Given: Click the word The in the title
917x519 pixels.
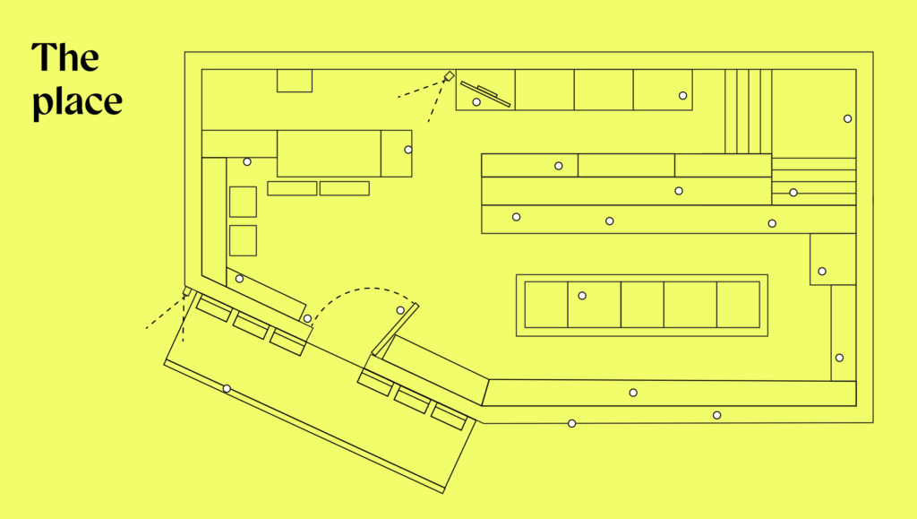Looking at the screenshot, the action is [x=64, y=57].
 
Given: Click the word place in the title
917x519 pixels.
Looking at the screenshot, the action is [x=77, y=102].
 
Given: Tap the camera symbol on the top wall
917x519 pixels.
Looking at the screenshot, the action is [x=450, y=76].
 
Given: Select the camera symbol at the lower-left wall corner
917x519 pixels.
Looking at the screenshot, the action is [x=187, y=290].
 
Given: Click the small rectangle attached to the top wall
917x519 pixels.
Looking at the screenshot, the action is [x=294, y=81].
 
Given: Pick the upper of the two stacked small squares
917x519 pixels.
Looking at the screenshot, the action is [x=243, y=202].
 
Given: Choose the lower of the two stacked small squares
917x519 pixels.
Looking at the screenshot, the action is [x=243, y=240].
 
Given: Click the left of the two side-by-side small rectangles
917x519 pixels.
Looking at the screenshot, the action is [x=292, y=188].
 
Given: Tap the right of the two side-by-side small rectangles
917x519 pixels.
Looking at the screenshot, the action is [x=345, y=188].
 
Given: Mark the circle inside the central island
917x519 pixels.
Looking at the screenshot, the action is [x=582, y=296].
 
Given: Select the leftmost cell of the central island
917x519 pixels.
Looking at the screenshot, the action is [x=546, y=304].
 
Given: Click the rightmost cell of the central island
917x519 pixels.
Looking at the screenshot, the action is [x=738, y=304].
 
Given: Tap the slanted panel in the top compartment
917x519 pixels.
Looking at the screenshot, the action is [x=485, y=94].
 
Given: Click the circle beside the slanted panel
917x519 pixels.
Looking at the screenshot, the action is [x=476, y=102].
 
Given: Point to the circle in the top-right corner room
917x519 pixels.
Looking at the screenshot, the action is [x=847, y=119].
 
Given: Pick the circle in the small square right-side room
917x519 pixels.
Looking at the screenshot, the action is [x=822, y=272].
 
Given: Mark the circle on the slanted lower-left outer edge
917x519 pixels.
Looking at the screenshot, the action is [x=227, y=388].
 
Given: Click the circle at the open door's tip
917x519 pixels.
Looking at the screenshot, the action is [x=400, y=310].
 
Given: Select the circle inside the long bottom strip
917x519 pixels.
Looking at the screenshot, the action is [x=633, y=393].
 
